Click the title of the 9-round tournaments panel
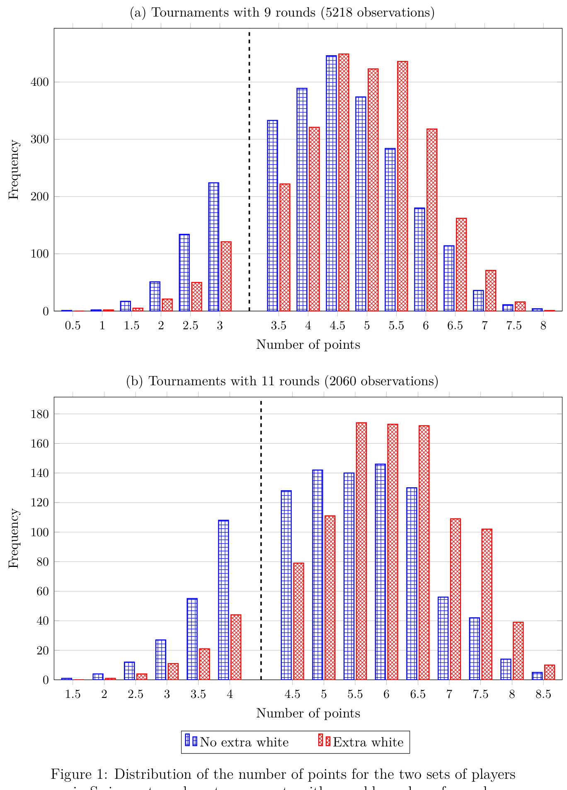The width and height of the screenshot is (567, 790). coord(282,13)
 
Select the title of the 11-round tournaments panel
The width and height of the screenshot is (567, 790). coord(282,381)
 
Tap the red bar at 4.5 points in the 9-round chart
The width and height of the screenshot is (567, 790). coord(344,182)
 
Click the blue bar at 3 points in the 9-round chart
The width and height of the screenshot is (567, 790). coord(214,247)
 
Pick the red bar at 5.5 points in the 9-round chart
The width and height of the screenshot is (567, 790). coord(402,186)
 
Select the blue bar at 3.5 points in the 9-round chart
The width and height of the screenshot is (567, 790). coord(273,216)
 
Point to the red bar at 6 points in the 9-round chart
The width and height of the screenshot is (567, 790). coord(432,220)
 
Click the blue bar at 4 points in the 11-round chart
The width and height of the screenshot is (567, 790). coord(223,600)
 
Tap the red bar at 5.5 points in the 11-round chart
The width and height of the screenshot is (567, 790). coord(361,551)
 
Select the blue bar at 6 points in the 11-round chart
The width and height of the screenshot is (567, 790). coord(380,572)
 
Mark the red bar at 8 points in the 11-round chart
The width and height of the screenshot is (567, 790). coord(519,651)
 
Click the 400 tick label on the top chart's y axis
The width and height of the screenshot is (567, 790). coord(40,83)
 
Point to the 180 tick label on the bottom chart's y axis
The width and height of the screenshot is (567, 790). coord(40,414)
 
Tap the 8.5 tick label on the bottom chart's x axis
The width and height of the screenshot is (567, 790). coord(543,694)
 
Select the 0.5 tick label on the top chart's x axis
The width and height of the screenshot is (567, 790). coord(73,326)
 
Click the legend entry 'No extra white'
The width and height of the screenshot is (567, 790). coord(244,742)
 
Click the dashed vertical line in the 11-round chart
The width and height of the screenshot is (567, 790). coord(261,539)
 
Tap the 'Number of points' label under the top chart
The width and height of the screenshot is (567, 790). coord(308,345)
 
